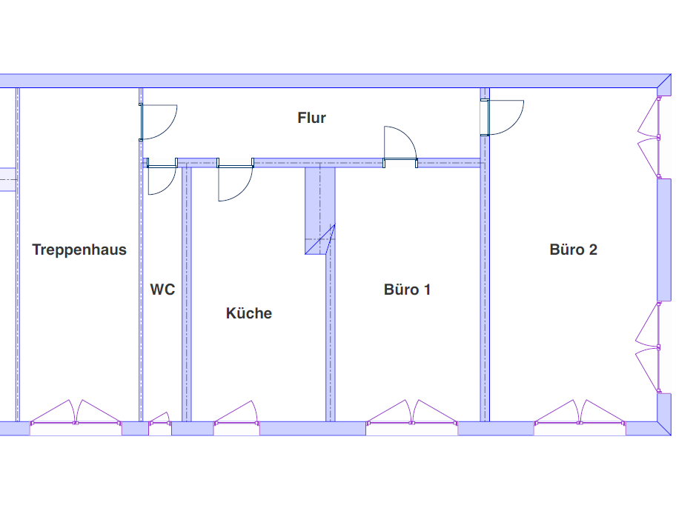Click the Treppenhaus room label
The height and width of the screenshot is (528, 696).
pyautogui.click(x=79, y=250)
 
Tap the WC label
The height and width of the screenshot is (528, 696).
pyautogui.click(x=162, y=290)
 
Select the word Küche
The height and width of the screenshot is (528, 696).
pyautogui.click(x=249, y=313)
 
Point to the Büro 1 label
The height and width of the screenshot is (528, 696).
pyautogui.click(x=407, y=290)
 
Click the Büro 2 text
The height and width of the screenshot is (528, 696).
pyautogui.click(x=573, y=250)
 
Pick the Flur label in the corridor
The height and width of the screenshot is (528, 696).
pyautogui.click(x=311, y=118)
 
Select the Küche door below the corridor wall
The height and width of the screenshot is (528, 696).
pyautogui.click(x=234, y=182)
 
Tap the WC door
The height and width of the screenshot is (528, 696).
pyautogui.click(x=160, y=179)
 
